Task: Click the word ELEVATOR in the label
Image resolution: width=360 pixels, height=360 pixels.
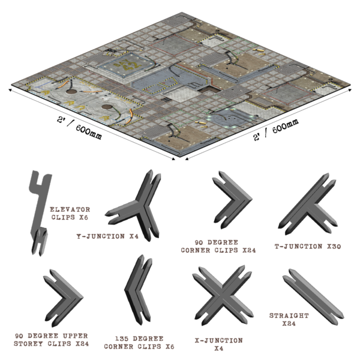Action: [70, 210]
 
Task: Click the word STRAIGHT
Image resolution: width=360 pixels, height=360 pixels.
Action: [289, 315]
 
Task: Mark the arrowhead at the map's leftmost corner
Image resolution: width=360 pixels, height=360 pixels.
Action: [10, 90]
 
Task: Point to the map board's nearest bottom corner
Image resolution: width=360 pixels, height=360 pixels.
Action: [178, 159]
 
